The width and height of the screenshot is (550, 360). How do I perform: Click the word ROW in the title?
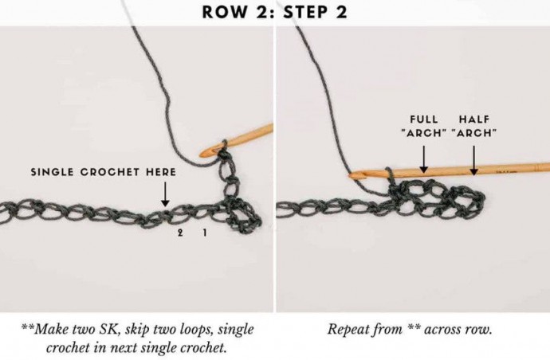pyautogui.click(x=225, y=12)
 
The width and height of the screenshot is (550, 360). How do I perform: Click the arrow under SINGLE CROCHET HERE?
pyautogui.click(x=165, y=194)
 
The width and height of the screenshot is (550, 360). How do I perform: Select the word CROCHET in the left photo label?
pyautogui.click(x=109, y=172)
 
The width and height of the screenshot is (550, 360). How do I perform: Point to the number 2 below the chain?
pyautogui.click(x=180, y=232)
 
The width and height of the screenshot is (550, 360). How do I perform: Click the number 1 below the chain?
pyautogui.click(x=205, y=232)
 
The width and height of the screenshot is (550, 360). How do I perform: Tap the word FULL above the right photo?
pyautogui.click(x=424, y=119)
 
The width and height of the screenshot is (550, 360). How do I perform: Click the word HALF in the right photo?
pyautogui.click(x=474, y=119)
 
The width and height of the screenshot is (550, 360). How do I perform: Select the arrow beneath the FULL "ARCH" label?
pyautogui.click(x=424, y=159)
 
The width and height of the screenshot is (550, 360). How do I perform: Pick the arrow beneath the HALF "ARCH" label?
pyautogui.click(x=474, y=161)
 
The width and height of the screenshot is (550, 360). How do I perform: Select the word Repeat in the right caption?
pyautogui.click(x=348, y=330)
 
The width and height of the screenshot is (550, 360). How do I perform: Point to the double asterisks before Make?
pyautogui.click(x=28, y=327)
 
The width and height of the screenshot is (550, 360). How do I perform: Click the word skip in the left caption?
pyautogui.click(x=137, y=330)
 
